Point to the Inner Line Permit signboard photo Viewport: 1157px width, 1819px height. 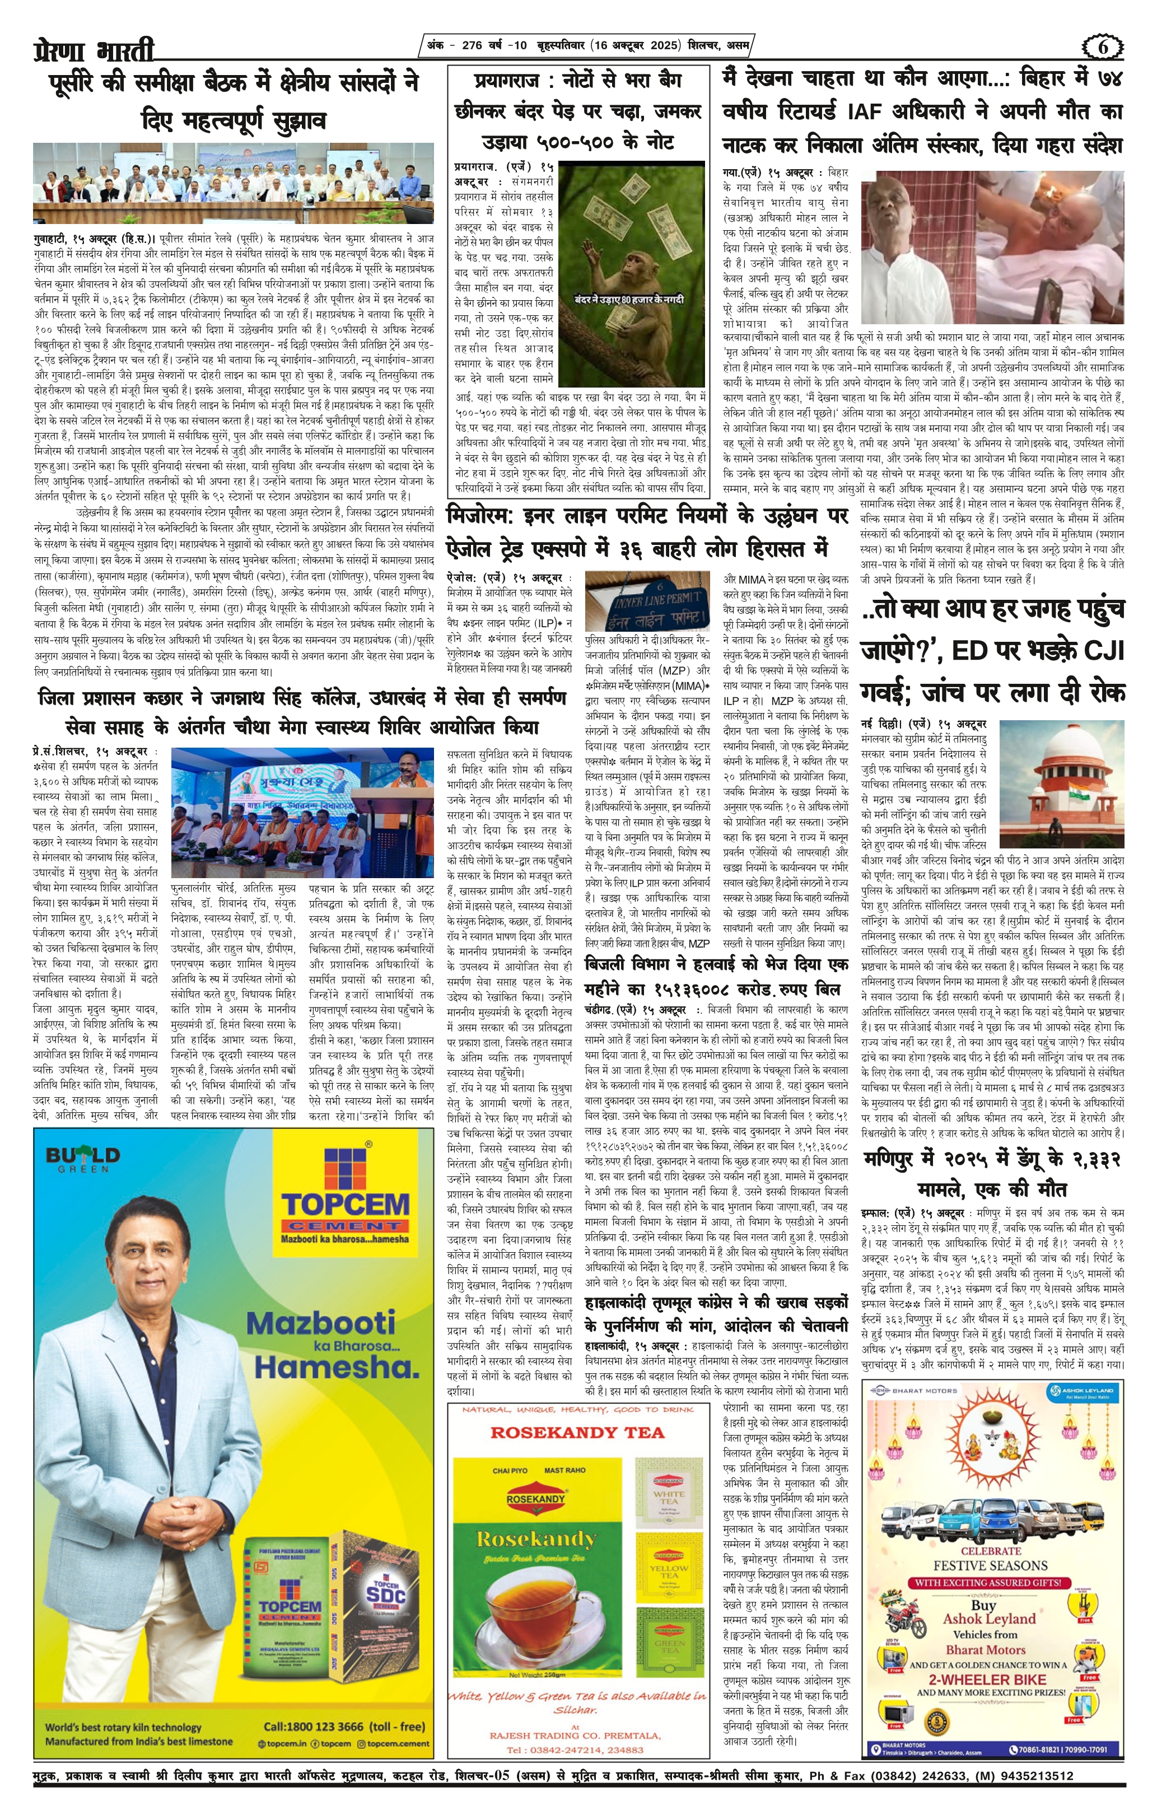(647, 600)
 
